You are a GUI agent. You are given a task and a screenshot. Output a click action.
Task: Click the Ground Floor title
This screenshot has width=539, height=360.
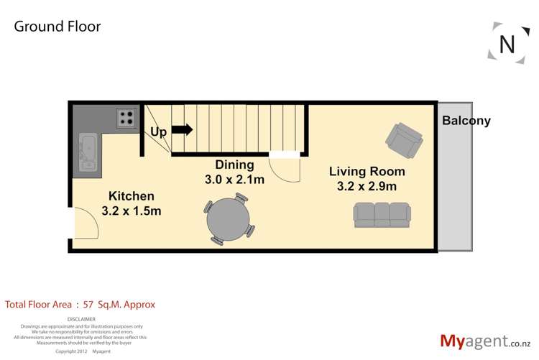(x=57, y=27)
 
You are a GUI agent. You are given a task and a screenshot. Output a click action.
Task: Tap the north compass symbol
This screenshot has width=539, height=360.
(x=507, y=44)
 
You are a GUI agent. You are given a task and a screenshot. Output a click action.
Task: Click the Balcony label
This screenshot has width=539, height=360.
(x=466, y=121)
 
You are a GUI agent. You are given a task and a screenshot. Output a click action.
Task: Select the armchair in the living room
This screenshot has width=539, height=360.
(x=403, y=139)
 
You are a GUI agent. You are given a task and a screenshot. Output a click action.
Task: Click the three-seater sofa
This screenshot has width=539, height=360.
(x=382, y=213)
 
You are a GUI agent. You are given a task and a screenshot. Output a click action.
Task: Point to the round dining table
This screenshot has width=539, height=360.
(x=229, y=218)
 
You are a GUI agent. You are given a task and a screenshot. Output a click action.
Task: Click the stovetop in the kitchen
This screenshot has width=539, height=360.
(x=127, y=117)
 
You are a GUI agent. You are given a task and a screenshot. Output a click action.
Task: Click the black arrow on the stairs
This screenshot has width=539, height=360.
(x=183, y=130)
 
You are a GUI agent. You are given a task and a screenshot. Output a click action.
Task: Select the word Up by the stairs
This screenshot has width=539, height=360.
(x=158, y=132)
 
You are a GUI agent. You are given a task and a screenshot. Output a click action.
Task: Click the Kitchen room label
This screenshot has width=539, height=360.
(x=131, y=195)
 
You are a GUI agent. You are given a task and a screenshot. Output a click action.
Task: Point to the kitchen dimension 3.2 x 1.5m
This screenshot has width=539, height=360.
(x=131, y=211)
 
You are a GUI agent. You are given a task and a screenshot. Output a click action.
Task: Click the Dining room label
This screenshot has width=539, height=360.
(x=234, y=165)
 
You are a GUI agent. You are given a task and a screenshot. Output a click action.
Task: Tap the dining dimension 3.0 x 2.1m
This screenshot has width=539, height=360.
(x=234, y=180)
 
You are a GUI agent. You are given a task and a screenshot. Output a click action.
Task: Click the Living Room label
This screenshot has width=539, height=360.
(x=367, y=171)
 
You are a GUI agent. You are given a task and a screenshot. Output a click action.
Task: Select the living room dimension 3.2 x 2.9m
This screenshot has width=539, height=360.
(x=367, y=186)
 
